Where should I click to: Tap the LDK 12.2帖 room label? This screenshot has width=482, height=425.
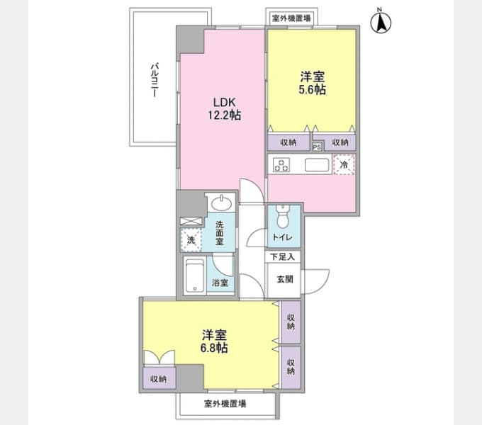[225, 108]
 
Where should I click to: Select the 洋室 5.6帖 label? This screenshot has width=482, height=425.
[313, 83]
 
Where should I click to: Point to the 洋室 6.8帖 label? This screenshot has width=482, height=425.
[214, 341]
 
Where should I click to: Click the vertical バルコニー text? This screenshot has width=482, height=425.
[155, 80]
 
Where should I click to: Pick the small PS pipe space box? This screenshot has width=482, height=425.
[317, 147]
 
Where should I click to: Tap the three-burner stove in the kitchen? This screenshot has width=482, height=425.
[281, 165]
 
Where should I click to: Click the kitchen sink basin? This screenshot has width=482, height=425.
[317, 165]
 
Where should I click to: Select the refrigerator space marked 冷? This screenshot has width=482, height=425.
[344, 164]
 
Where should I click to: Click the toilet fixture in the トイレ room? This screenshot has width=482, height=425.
[282, 216]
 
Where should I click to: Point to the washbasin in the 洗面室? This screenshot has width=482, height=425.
[221, 203]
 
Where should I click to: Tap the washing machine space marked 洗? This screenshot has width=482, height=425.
[191, 240]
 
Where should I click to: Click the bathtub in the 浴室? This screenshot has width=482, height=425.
[195, 276]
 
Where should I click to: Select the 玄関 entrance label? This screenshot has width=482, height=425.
[285, 279]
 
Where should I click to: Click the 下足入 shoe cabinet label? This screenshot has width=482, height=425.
[282, 256]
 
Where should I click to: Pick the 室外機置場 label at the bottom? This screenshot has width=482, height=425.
[225, 403]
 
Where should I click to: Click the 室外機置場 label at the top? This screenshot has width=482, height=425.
[291, 18]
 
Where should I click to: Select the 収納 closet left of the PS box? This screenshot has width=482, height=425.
[288, 142]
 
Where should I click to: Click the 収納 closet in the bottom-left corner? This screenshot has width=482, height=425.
[159, 379]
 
